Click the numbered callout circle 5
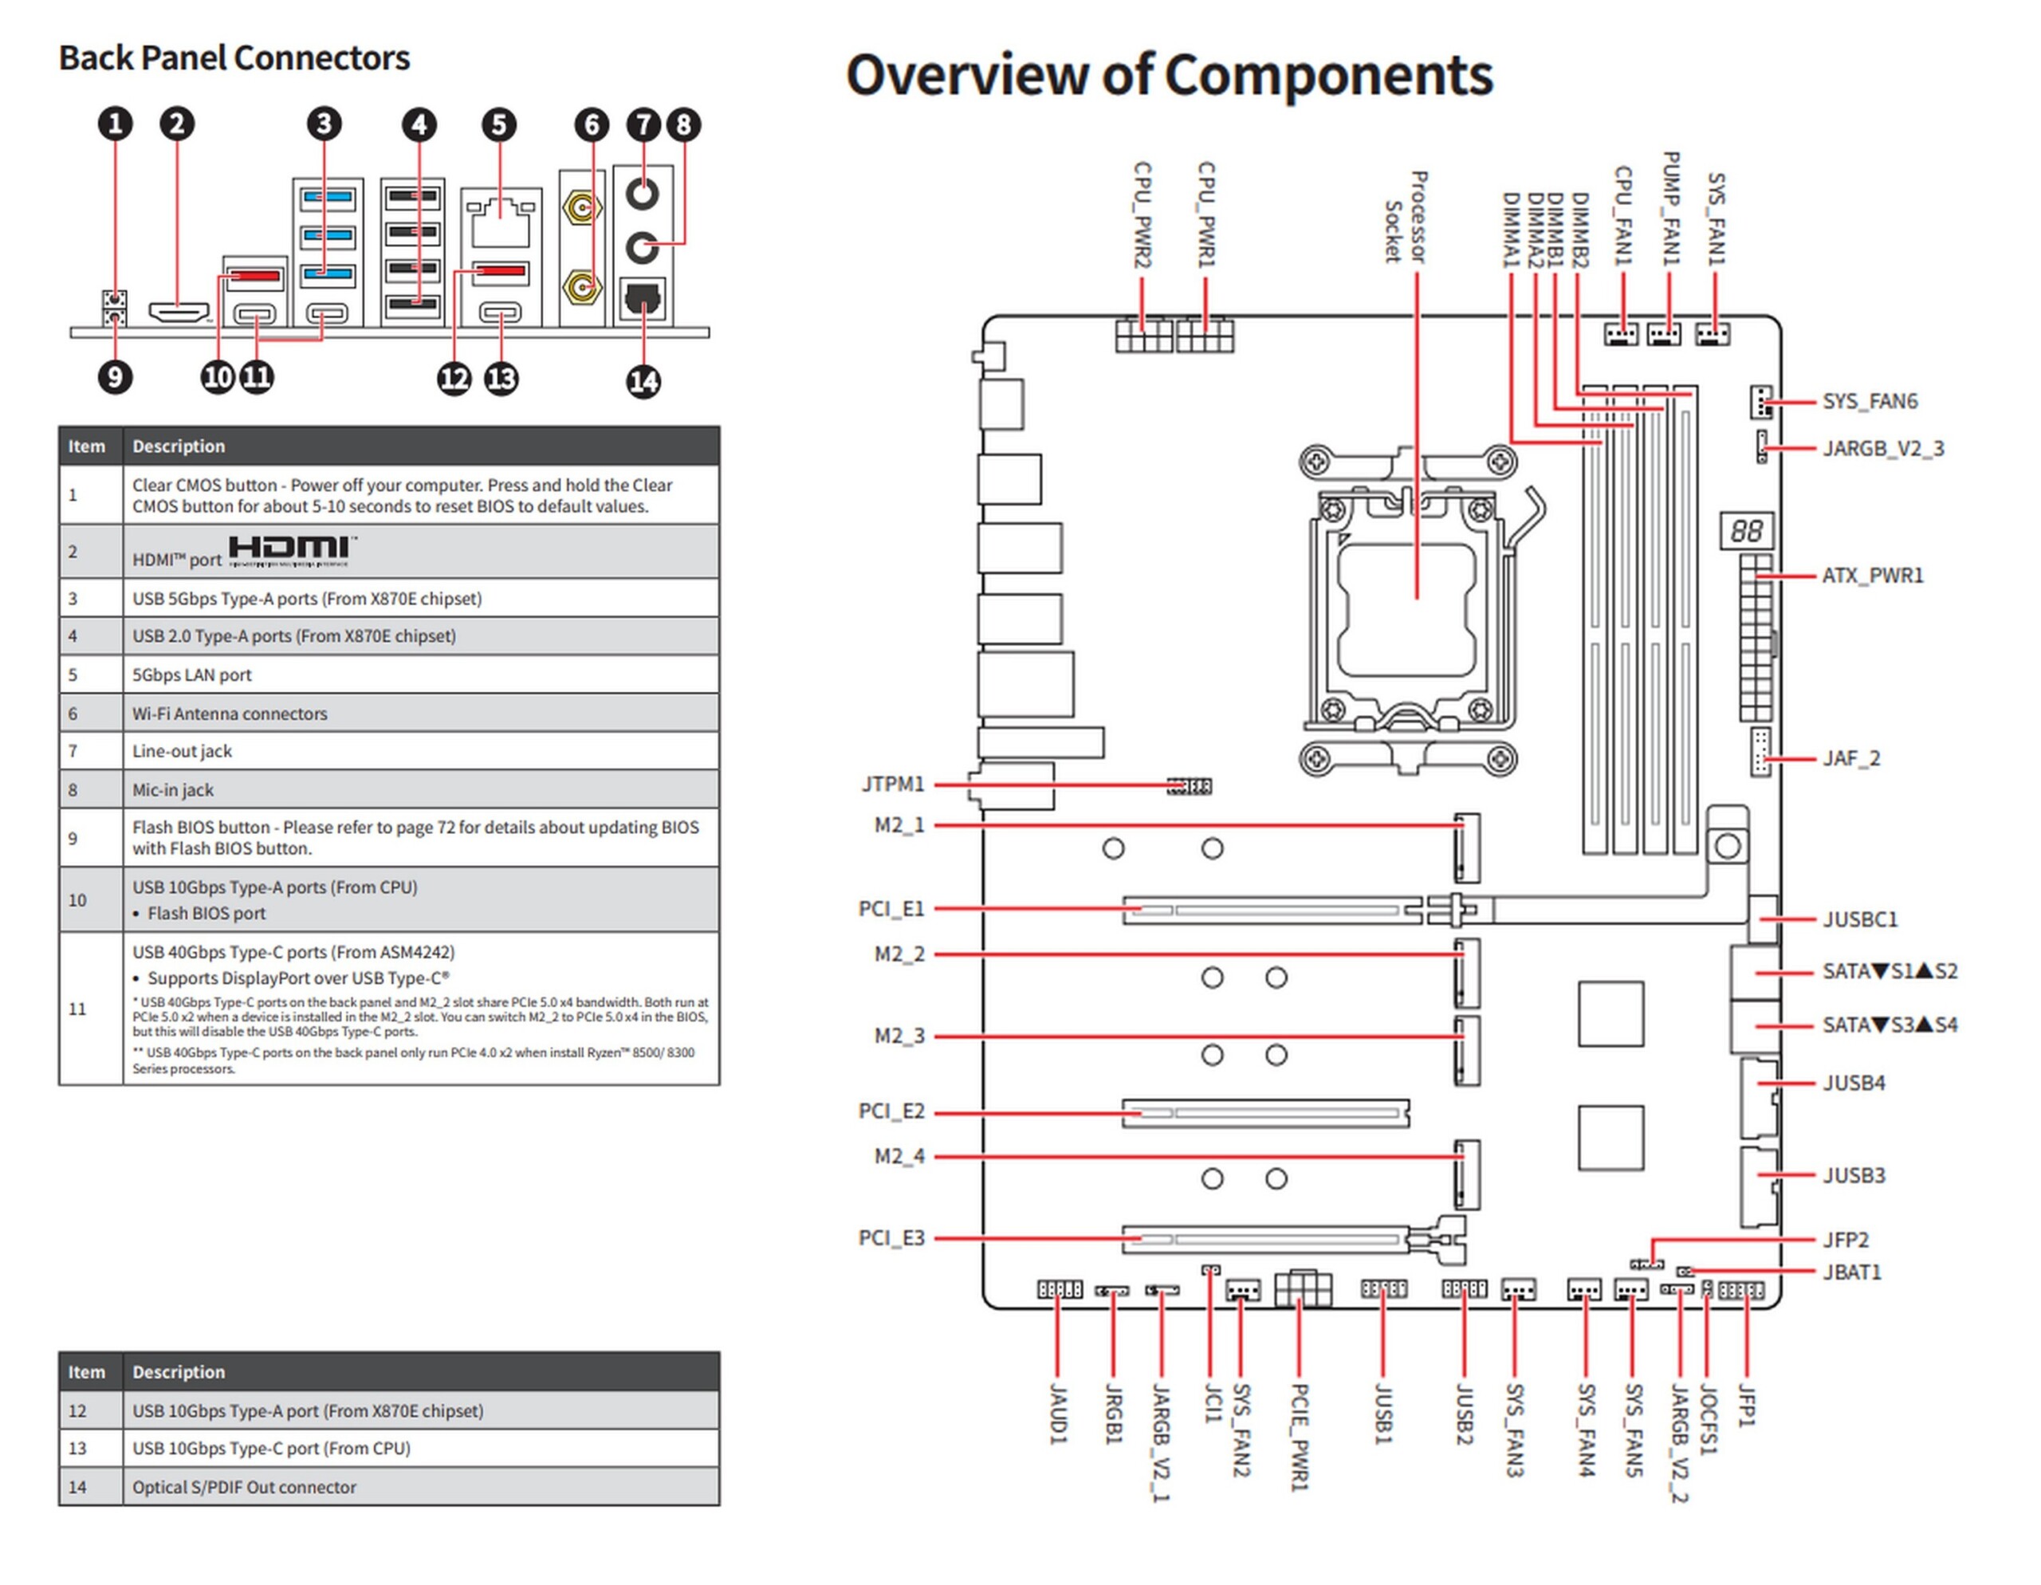tap(499, 124)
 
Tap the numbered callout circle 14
tap(643, 380)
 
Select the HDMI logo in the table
tap(291, 550)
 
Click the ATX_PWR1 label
tap(1872, 576)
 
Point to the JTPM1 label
tap(892, 784)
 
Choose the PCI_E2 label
tap(891, 1111)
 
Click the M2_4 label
tap(899, 1156)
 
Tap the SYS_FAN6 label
tap(1869, 401)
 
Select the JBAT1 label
tap(1851, 1272)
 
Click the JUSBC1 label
tap(1860, 919)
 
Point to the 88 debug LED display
tap(1746, 531)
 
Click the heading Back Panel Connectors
tap(234, 58)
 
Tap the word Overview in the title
tap(967, 75)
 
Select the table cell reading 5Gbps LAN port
tap(191, 675)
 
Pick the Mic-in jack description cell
tap(173, 789)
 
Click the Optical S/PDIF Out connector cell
tap(244, 1487)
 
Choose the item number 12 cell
tap(77, 1410)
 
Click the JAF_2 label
tap(1851, 758)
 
